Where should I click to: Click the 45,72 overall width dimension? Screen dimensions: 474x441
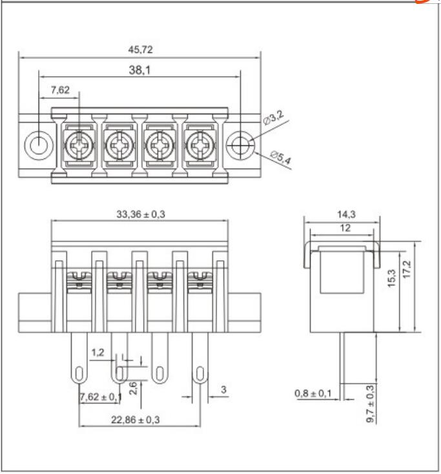click(140, 49)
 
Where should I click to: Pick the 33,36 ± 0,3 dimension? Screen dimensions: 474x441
click(140, 215)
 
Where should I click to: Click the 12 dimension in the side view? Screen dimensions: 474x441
click(339, 228)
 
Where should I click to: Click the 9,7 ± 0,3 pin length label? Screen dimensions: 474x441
click(371, 404)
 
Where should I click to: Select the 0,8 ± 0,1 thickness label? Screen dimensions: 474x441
click(313, 393)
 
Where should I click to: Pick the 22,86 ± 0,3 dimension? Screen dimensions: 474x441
click(136, 420)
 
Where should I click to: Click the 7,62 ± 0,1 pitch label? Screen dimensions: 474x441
click(100, 397)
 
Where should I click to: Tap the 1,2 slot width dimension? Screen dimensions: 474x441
click(97, 353)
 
